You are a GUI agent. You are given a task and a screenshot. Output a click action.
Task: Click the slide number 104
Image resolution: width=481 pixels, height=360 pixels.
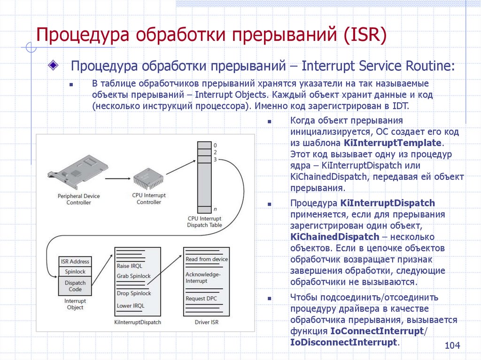pyautogui.click(x=452, y=346)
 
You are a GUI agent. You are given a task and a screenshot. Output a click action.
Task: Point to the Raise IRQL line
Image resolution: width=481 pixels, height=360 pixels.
pyautogui.click(x=130, y=266)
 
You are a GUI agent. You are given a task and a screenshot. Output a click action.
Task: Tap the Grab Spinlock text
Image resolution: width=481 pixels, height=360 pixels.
pyautogui.click(x=134, y=276)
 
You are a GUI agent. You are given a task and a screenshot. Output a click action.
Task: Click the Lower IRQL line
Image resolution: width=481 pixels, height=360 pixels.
pyautogui.click(x=131, y=306)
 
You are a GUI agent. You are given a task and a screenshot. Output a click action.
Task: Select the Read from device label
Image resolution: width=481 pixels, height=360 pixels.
pyautogui.click(x=207, y=259)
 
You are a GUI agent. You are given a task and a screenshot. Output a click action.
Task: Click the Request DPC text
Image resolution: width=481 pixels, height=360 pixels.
pyautogui.click(x=202, y=299)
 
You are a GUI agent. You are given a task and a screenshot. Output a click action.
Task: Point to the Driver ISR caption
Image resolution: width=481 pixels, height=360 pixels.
pyautogui.click(x=206, y=322)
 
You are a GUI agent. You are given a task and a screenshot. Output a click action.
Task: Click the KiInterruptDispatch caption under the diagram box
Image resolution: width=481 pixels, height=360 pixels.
pyautogui.click(x=138, y=322)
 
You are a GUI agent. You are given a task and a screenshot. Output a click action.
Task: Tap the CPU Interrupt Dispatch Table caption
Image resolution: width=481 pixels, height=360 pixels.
pyautogui.click(x=204, y=222)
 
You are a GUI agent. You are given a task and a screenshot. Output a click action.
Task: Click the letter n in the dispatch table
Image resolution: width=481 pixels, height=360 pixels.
pyautogui.click(x=215, y=208)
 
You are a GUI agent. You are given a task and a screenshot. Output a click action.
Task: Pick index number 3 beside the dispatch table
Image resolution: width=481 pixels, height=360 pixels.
pyautogui.click(x=215, y=160)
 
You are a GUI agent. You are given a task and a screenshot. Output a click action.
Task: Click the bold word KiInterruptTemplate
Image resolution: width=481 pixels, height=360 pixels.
pyautogui.click(x=393, y=143)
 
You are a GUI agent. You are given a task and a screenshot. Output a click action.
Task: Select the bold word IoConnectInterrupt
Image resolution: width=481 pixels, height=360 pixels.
pyautogui.click(x=377, y=331)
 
